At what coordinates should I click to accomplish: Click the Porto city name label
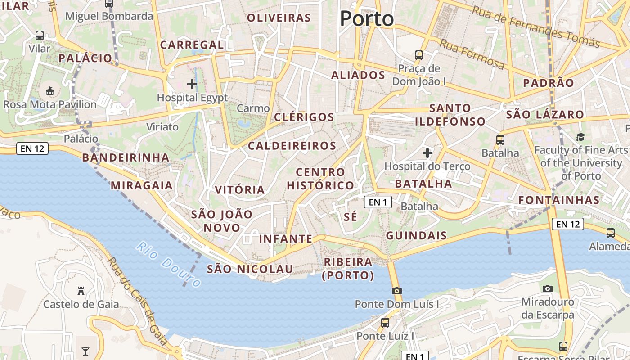coord(367,19)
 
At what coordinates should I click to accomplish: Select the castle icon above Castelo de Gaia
coord(81,291)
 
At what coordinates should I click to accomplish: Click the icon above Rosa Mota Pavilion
coord(50,91)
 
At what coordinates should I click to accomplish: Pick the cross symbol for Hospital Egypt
coord(192,84)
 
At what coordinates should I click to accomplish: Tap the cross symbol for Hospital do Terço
coord(427,153)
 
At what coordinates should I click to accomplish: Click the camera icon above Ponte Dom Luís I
coord(396,291)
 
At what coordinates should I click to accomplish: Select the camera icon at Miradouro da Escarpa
coord(548,288)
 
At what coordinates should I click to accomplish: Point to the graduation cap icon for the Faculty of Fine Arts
coord(580,137)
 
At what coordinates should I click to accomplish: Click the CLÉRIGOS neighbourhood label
coord(304,117)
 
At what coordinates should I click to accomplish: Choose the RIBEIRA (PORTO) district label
coord(348,269)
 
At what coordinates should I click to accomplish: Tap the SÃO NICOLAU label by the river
coord(250,269)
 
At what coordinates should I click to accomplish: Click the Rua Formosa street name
coord(472,54)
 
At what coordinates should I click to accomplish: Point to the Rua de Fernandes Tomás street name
coord(535,27)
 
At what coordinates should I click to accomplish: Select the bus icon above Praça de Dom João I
coord(419,55)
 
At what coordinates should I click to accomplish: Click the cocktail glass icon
coord(85,351)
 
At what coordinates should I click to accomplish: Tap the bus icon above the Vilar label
coord(40,36)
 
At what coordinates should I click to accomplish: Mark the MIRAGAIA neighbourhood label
coord(141,185)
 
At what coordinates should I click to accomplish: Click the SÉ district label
coord(351,217)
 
